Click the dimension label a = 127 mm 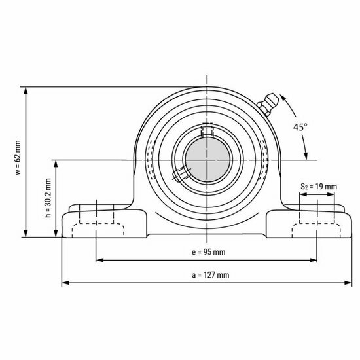click(210, 275)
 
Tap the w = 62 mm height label click(18, 164)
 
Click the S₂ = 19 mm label click(318, 187)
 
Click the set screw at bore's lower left click(179, 174)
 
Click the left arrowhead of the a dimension click(65, 283)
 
